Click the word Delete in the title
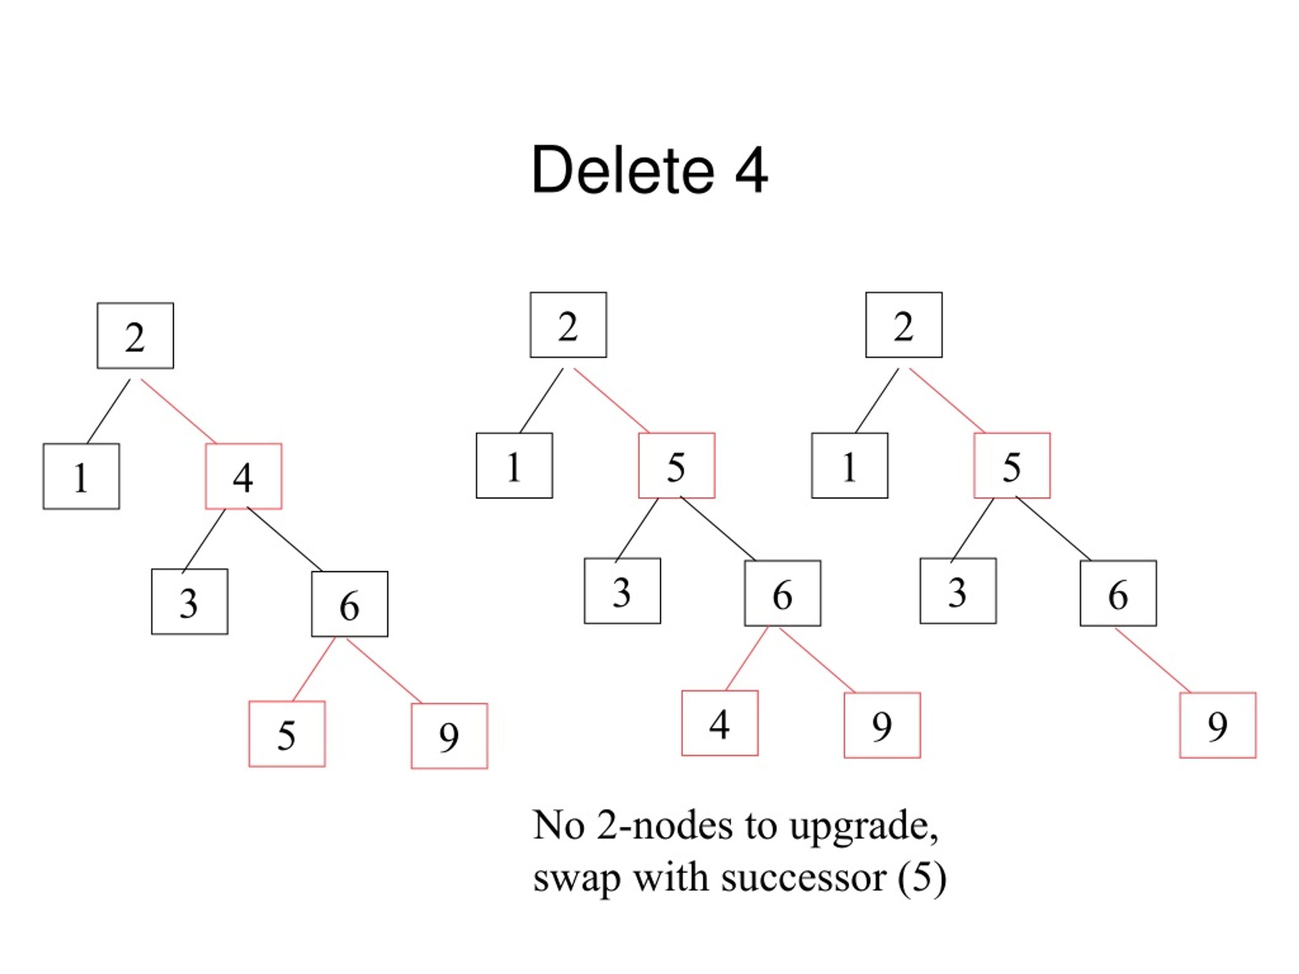pos(623,170)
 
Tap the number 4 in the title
pos(751,170)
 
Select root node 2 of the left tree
pos(135,336)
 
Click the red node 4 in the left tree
pos(244,476)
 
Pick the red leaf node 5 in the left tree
pos(287,734)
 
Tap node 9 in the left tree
pos(449,736)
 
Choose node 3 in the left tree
pos(190,602)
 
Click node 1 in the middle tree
pos(515,466)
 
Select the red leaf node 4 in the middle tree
pos(720,723)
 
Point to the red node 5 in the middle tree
pos(677,466)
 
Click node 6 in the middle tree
pos(783,594)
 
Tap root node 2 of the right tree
pos(904,325)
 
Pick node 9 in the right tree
pos(1218,725)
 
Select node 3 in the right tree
pos(959,591)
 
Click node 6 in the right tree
pos(1119,594)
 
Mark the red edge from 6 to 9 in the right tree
pos(1153,660)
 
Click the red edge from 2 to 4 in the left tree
pos(179,411)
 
